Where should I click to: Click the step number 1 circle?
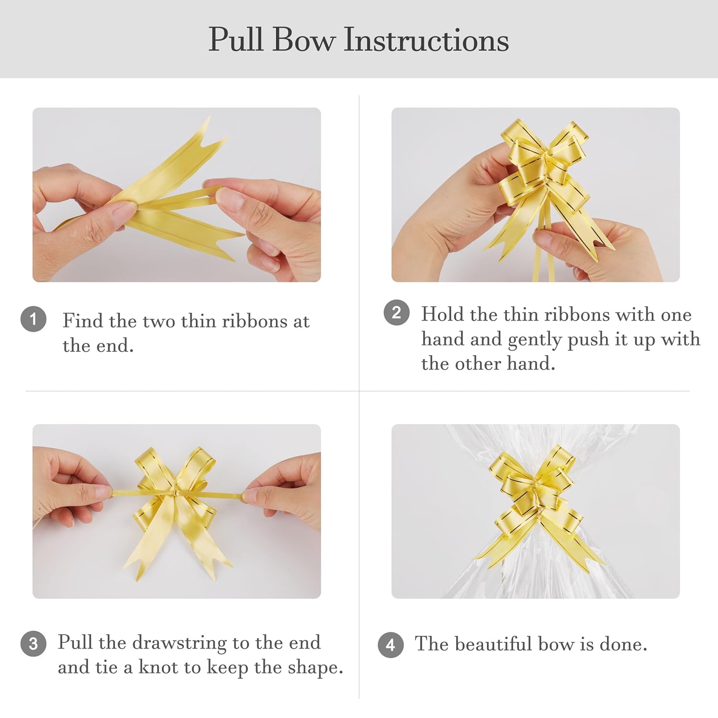[34, 319]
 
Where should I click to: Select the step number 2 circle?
[396, 313]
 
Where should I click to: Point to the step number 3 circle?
[34, 644]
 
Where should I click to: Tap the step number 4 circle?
[391, 645]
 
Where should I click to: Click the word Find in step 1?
[83, 321]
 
